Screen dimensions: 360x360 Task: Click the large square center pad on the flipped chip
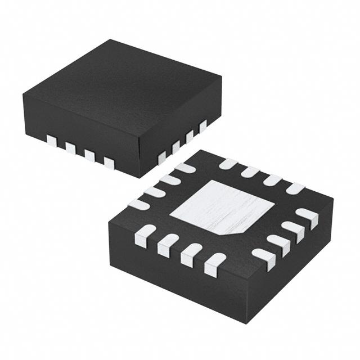(222, 208)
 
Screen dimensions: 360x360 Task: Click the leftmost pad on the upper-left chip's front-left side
(52, 141)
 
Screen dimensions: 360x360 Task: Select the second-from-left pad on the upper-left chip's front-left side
(70, 148)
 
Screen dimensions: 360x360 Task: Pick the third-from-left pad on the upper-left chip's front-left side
(89, 155)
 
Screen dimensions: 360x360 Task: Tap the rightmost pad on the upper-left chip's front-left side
(109, 163)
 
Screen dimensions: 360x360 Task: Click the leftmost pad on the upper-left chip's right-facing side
(162, 157)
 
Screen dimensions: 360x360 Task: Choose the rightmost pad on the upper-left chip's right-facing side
(202, 126)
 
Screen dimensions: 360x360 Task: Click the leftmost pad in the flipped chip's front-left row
(145, 235)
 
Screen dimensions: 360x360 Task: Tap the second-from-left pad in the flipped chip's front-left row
(168, 245)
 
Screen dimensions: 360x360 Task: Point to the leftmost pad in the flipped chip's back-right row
(228, 164)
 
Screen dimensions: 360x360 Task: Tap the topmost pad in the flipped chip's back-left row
(184, 168)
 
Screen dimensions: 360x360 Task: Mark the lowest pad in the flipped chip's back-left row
(138, 204)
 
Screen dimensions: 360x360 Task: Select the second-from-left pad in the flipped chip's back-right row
(250, 172)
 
